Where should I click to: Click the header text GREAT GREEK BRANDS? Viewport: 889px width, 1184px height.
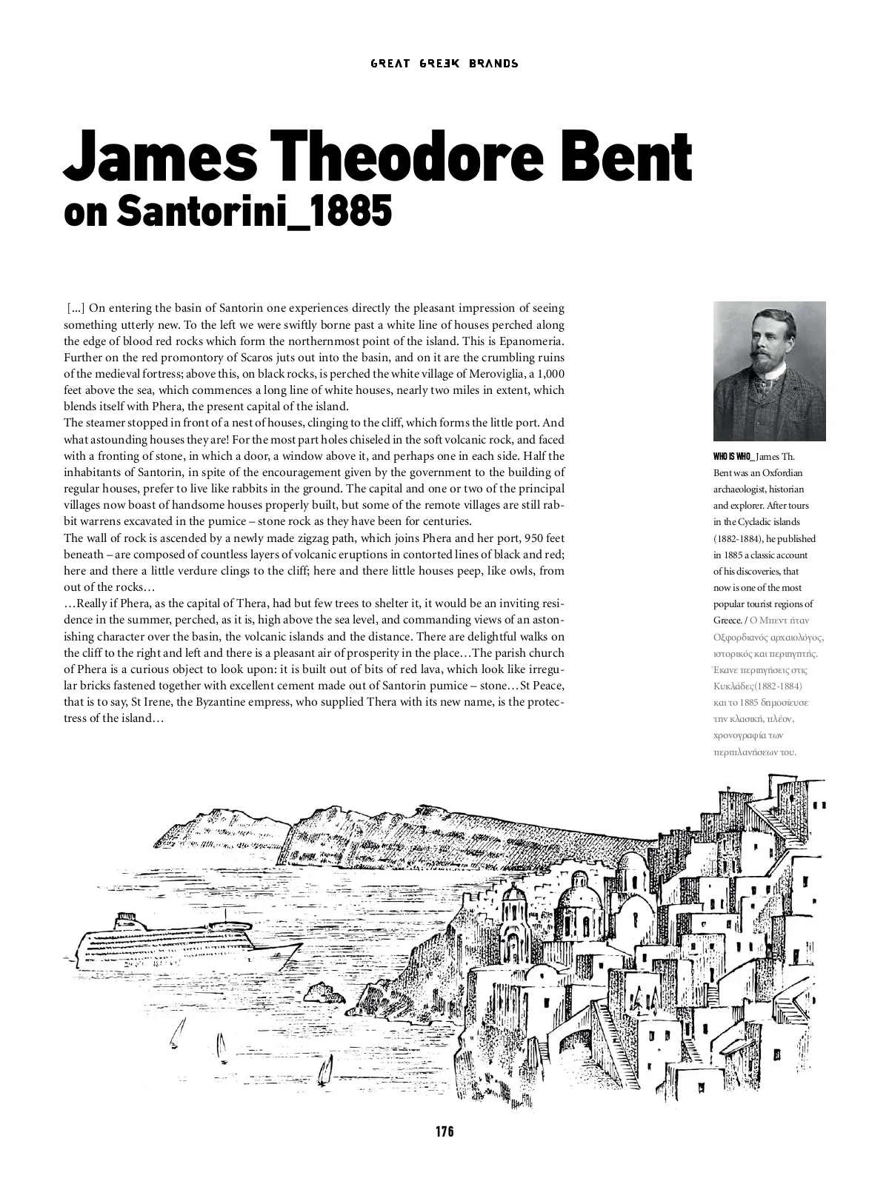[x=444, y=64]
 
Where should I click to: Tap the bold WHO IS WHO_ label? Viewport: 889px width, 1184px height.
[x=732, y=457]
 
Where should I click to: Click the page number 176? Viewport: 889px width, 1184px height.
[x=444, y=1131]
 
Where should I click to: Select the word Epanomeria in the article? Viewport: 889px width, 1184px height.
[x=532, y=341]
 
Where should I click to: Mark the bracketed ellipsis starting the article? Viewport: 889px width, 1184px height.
[x=76, y=309]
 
